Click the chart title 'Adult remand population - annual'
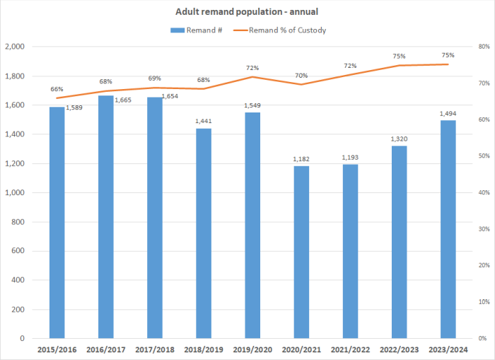tap(247, 12)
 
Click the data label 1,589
tap(75, 108)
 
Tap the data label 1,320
tap(399, 139)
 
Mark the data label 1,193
tap(350, 157)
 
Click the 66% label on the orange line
tap(57, 89)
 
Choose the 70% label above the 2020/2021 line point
tap(301, 76)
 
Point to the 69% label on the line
tap(154, 79)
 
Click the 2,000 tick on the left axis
tap(14, 47)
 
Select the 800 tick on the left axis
tap(18, 222)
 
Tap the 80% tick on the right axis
tap(484, 47)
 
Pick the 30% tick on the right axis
tap(484, 229)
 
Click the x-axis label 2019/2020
tap(252, 349)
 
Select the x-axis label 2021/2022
tap(350, 349)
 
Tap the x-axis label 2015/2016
tap(57, 349)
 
